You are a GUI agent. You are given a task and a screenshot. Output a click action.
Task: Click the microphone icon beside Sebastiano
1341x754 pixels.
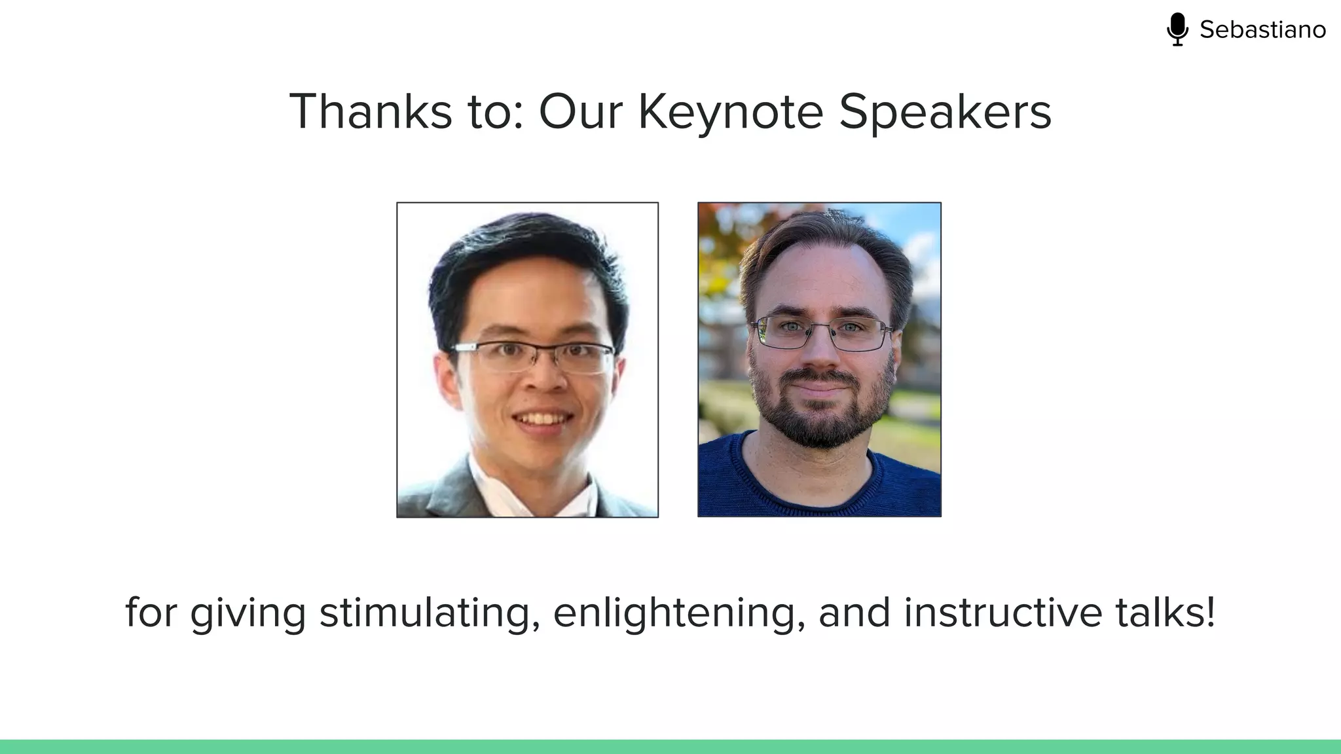pyautogui.click(x=1177, y=29)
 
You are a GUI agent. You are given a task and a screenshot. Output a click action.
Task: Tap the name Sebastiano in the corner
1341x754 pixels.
pyautogui.click(x=1262, y=30)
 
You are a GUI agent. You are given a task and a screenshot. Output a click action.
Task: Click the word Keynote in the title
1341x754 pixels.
pyautogui.click(x=730, y=112)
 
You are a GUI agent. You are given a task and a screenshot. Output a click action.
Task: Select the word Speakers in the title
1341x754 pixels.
pyautogui.click(x=945, y=112)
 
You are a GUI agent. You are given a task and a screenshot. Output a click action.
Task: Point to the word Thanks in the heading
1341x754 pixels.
pyautogui.click(x=371, y=112)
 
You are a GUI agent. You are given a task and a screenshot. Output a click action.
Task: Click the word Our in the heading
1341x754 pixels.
pyautogui.click(x=580, y=112)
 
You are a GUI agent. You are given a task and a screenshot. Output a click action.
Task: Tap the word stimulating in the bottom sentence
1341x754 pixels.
pyautogui.click(x=430, y=613)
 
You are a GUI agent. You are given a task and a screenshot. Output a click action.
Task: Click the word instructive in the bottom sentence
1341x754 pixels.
pyautogui.click(x=1003, y=613)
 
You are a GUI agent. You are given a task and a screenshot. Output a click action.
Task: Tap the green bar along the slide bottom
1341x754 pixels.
pyautogui.click(x=670, y=746)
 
